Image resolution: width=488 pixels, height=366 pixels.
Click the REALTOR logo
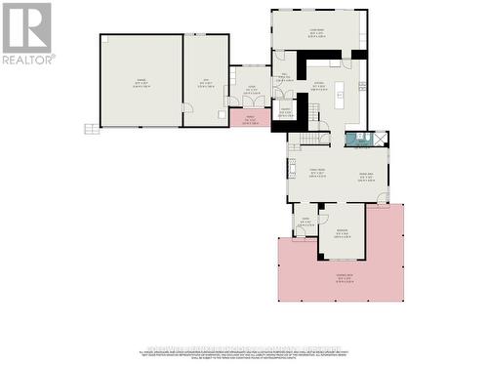pyautogui.click(x=27, y=26)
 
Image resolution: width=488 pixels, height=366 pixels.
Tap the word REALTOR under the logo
pyautogui.click(x=27, y=59)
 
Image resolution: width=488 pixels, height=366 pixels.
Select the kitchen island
pyautogui.click(x=342, y=95)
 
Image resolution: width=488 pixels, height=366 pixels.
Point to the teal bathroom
pyautogui.click(x=362, y=140)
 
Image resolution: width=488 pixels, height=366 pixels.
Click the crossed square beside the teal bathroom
pyautogui.click(x=380, y=140)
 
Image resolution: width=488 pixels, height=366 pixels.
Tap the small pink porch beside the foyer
pyautogui.click(x=250, y=118)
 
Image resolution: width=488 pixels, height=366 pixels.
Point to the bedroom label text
pyautogui.click(x=342, y=232)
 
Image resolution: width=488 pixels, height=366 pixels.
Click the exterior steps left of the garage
pyautogui.click(x=90, y=127)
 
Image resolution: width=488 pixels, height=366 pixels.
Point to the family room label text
pyautogui.click(x=314, y=174)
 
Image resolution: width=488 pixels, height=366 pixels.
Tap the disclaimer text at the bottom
pyautogui.click(x=244, y=352)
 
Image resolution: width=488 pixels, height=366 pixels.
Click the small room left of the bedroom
pyautogui.click(x=305, y=222)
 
